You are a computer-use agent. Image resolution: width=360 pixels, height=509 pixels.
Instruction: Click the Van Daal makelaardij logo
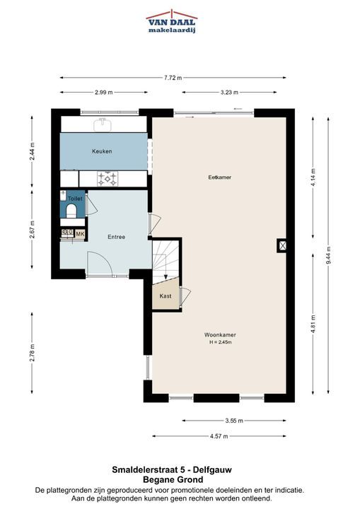pyautogui.click(x=172, y=21)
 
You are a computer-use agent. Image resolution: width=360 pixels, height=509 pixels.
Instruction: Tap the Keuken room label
pyautogui.click(x=102, y=151)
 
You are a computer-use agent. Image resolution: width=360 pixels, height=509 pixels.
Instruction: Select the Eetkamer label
pyautogui.click(x=220, y=177)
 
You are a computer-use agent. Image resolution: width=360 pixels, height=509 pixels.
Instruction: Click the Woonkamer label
pyautogui.click(x=220, y=334)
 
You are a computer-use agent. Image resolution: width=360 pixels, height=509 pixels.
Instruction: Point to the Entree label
pyautogui.click(x=116, y=237)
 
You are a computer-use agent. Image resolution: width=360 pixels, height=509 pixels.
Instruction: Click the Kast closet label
pyautogui.click(x=166, y=296)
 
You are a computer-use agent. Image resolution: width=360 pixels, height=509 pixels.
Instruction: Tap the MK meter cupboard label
pyautogui.click(x=80, y=234)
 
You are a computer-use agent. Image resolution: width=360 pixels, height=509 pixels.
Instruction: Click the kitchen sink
pyautogui.click(x=103, y=124)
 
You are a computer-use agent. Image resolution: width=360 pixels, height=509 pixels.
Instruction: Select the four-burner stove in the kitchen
pyautogui.click(x=108, y=179)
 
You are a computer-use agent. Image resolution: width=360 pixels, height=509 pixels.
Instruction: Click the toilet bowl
pyautogui.click(x=71, y=211)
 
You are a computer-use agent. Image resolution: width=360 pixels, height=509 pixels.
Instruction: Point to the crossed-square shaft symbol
pyautogui.click(x=282, y=246)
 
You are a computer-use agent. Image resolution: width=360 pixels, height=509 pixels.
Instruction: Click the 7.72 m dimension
pyautogui.click(x=173, y=78)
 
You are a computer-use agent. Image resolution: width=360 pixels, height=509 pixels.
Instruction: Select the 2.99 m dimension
pyautogui.click(x=104, y=92)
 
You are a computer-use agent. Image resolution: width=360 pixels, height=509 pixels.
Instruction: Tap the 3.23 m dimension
pyautogui.click(x=229, y=92)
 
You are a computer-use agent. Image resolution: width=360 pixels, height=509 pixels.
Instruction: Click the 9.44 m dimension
pyautogui.click(x=328, y=255)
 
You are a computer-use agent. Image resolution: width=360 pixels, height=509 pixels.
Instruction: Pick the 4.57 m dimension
pyautogui.click(x=219, y=436)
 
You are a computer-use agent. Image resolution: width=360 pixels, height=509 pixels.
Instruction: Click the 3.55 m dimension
pyautogui.click(x=234, y=421)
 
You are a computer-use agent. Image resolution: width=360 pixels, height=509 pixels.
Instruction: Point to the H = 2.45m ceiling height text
pyautogui.click(x=220, y=342)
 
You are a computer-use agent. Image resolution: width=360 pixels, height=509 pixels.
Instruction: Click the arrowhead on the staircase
pyautogui.click(x=166, y=277)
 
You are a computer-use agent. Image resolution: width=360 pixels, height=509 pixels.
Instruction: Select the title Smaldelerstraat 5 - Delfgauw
pyautogui.click(x=172, y=469)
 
